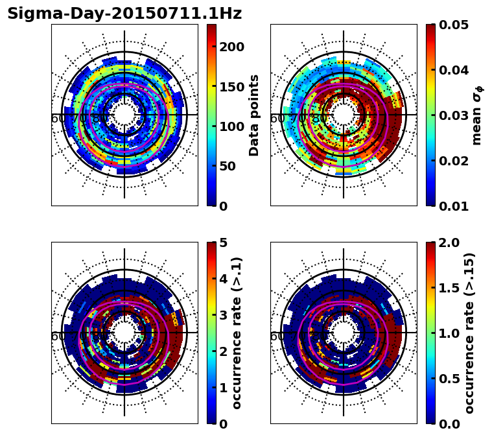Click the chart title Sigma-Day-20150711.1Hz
[x=124, y=14]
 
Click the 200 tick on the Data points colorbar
[x=231, y=47]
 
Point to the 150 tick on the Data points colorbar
[x=231, y=86]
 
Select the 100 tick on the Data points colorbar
[x=231, y=126]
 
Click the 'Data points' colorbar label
[x=254, y=115]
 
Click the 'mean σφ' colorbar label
[x=477, y=115]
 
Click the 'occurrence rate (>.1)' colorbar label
[x=237, y=333]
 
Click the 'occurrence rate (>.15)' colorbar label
[x=470, y=333]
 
